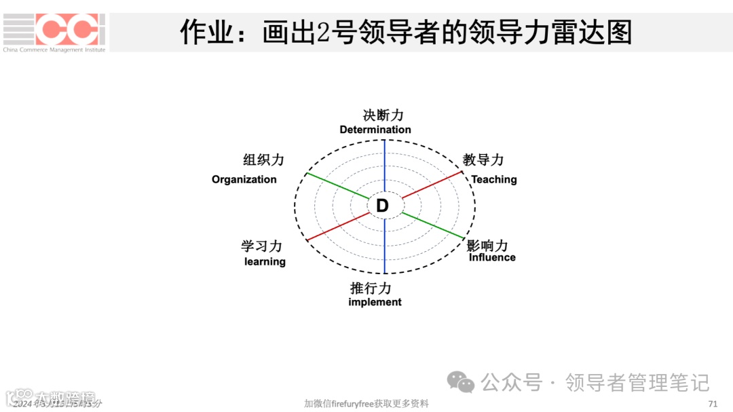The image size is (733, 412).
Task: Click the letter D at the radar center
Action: click(382, 206)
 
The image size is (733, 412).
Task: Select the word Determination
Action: click(375, 130)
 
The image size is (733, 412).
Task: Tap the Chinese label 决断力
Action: click(383, 115)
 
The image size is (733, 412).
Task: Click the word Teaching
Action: click(494, 179)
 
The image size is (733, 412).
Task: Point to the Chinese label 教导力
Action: click(483, 160)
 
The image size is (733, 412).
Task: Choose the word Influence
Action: click(492, 257)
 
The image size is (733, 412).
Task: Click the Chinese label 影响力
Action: click(487, 244)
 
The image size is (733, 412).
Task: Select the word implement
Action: click(375, 302)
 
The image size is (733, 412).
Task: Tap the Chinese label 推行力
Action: click(371, 288)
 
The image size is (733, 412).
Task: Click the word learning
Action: click(265, 262)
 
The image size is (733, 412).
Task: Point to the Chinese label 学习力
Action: click(261, 246)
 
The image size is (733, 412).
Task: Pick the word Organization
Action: click(244, 180)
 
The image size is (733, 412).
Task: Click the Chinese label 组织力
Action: click(263, 160)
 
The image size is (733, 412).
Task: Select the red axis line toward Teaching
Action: click(432, 185)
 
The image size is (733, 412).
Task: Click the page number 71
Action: click(713, 404)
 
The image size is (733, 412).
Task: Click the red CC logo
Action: click(70, 29)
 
